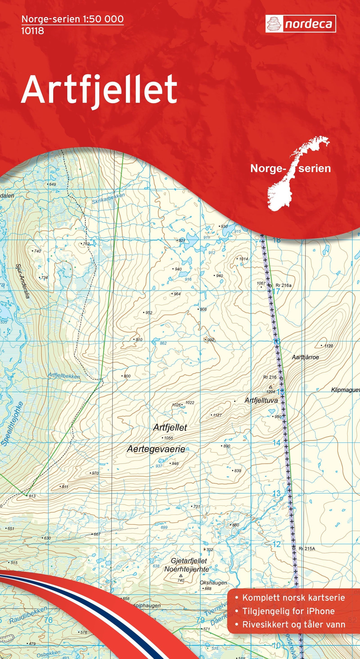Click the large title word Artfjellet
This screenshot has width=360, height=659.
(99, 90)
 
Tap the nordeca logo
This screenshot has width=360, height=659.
(300, 24)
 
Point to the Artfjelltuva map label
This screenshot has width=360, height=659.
(261, 401)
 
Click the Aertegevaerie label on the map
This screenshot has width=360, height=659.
(156, 449)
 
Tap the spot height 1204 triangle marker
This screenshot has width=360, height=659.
(270, 387)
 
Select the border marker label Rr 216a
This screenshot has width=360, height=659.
(283, 285)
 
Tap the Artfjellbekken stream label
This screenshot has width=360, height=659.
(64, 376)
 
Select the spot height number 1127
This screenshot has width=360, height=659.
(217, 415)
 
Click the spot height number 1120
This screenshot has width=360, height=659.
(328, 346)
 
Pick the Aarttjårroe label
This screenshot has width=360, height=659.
(305, 357)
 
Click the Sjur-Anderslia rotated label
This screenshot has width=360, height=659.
(23, 281)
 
